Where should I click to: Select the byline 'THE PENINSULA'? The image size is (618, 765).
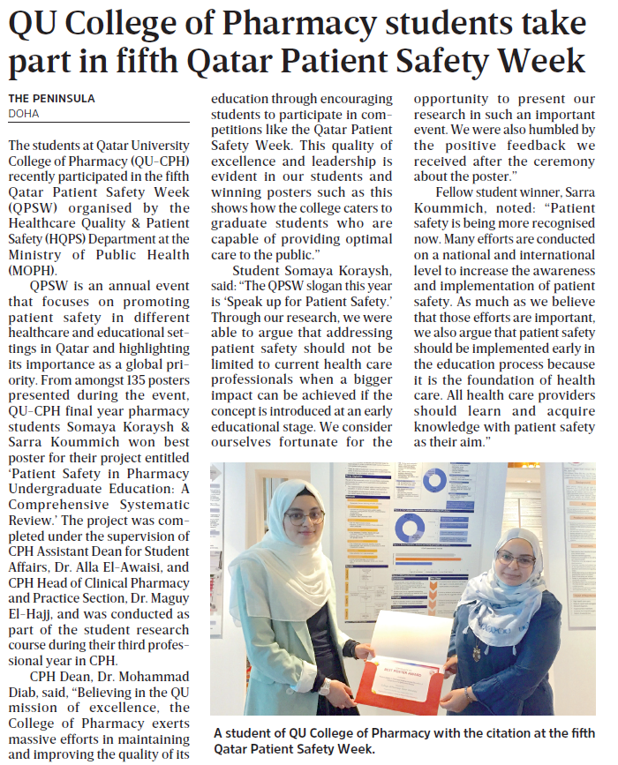pos(51,98)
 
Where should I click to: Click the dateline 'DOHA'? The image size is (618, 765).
pos(24,113)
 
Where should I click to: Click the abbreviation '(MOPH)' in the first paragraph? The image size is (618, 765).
pos(34,270)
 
